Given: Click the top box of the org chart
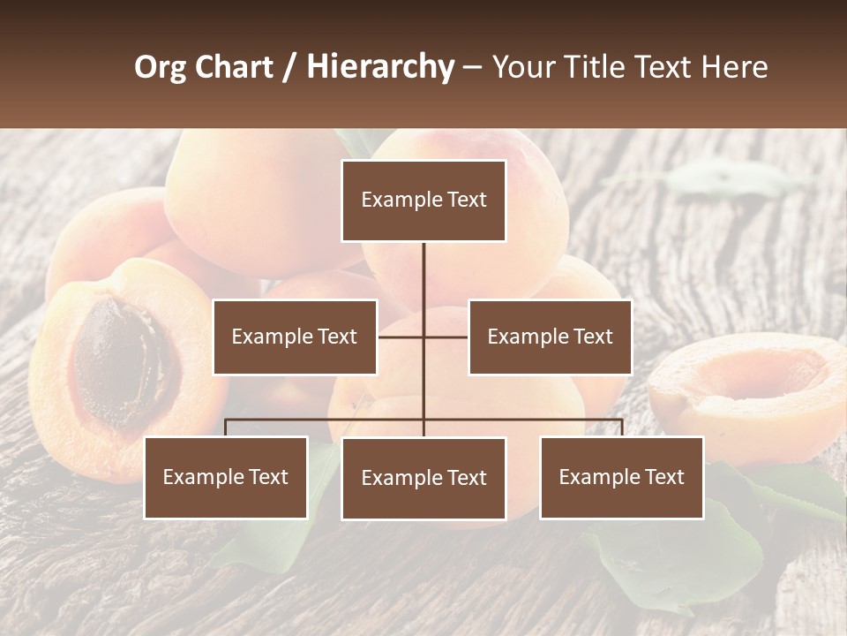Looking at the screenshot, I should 423,201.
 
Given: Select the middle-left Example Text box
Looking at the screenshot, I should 295,337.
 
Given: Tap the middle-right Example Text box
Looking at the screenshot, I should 550,337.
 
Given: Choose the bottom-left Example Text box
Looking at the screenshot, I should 226,477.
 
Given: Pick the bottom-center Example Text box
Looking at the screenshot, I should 423,478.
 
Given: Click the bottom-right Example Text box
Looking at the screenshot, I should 622,477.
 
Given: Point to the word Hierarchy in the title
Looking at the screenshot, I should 379,67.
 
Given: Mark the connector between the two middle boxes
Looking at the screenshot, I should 423,337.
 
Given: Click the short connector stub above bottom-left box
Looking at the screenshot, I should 226,428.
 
